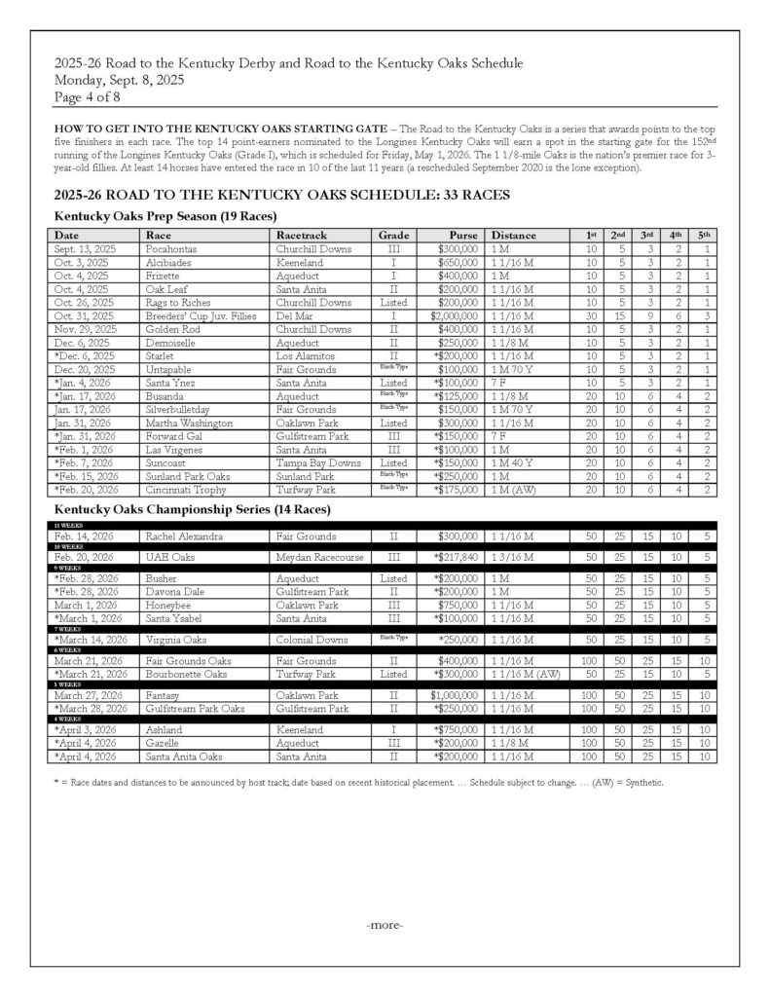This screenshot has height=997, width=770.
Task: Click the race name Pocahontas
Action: click(169, 249)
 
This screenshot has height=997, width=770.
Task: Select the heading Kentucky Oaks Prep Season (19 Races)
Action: click(165, 215)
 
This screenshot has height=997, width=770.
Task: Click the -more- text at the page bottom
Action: click(385, 924)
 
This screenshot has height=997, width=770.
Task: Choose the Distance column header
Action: click(514, 236)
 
